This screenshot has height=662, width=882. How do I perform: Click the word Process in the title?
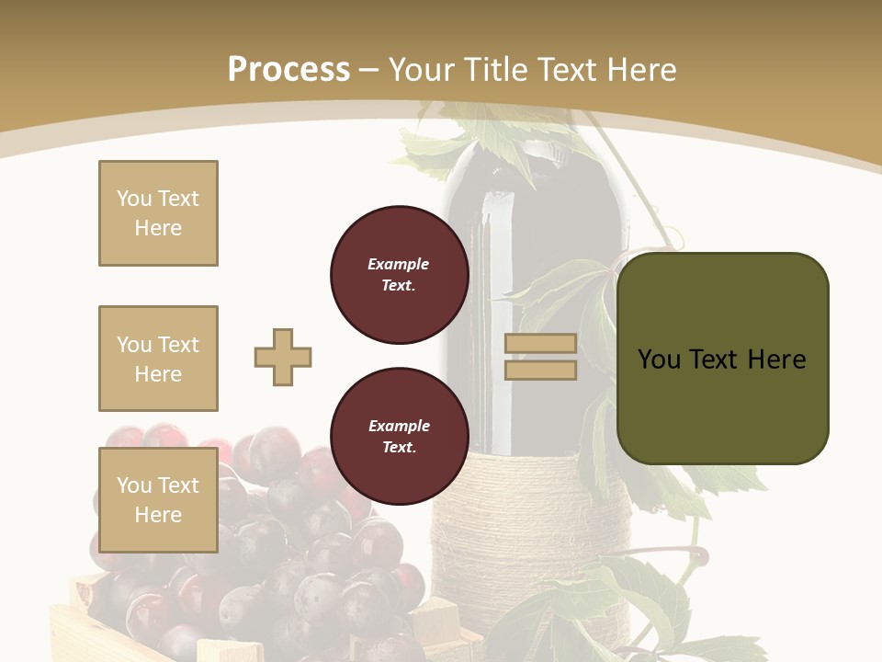288,70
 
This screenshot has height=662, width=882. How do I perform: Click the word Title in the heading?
497,70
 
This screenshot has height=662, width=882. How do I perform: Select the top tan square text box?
158,213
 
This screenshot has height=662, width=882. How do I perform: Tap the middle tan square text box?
158,359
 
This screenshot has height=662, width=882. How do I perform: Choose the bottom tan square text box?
158,500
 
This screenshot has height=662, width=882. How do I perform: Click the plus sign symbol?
283,357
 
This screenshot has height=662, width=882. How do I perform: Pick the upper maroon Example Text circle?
399,275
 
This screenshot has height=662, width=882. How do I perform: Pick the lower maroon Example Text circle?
399,437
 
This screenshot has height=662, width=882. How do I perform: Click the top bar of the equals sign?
540,344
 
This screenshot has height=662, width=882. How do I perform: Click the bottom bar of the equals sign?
540,370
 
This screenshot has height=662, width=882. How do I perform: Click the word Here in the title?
642,70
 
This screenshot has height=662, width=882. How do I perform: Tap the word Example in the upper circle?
399,264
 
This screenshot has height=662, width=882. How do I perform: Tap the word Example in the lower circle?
399,426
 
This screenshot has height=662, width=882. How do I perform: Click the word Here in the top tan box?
158,228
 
